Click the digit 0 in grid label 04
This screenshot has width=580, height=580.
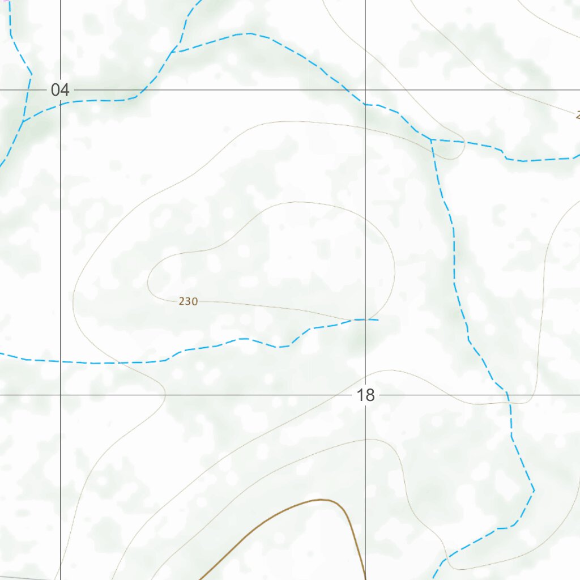coord(55,89)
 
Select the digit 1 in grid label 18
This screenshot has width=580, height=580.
coord(361,395)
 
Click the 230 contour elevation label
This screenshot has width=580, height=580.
coord(188,301)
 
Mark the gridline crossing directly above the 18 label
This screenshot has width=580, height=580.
coord(365,89)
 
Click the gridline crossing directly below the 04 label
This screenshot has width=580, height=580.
coord(61,394)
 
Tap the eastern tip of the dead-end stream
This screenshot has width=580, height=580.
coord(377,320)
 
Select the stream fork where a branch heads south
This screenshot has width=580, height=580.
coord(432,139)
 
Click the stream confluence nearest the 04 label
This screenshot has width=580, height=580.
coord(23,121)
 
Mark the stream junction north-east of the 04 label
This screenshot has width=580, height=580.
coord(174,52)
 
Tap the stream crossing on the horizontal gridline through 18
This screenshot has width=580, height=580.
coord(507,394)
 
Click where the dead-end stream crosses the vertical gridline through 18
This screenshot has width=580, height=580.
coord(365,319)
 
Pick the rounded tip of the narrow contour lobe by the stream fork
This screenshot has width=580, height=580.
coord(462,150)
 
